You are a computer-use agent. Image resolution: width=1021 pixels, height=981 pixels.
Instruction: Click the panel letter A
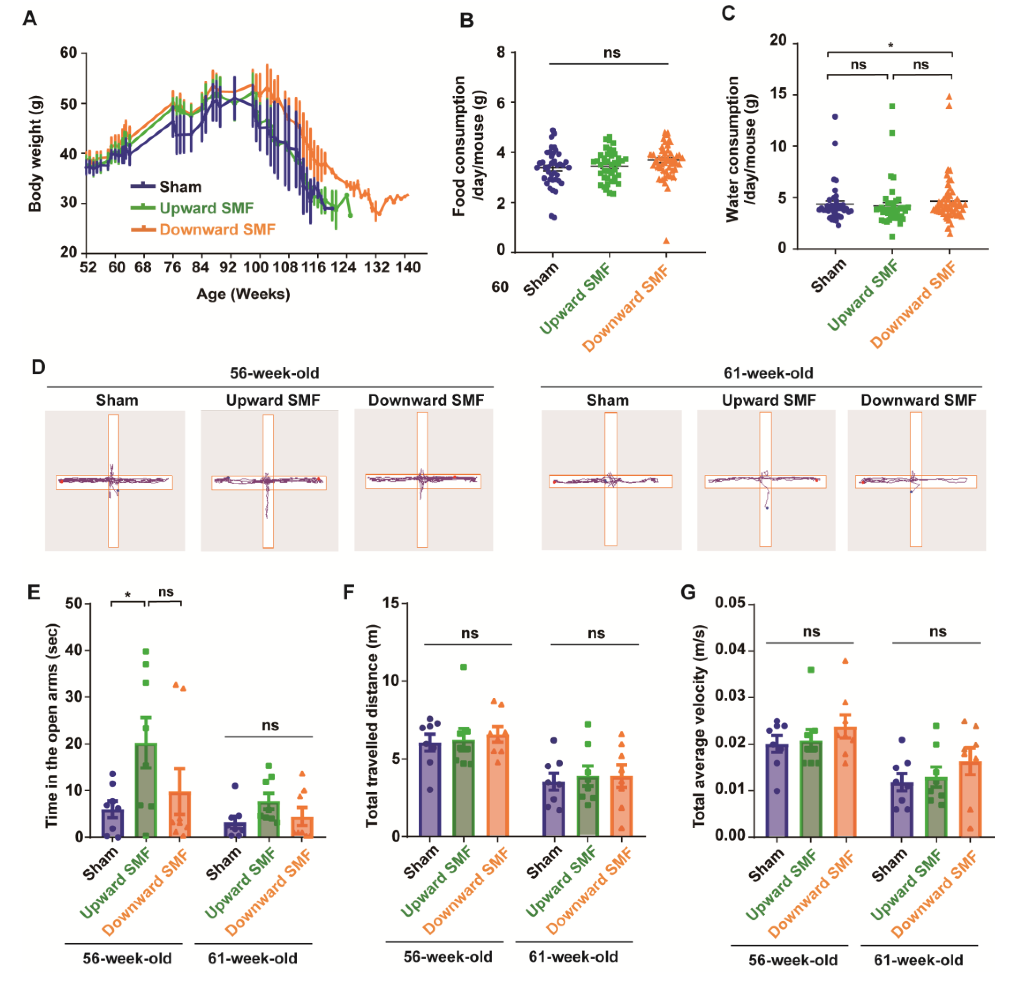click(x=30, y=19)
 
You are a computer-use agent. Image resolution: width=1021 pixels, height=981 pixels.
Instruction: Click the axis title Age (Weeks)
click(x=243, y=294)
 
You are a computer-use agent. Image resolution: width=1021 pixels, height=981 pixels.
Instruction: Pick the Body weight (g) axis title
click(x=35, y=154)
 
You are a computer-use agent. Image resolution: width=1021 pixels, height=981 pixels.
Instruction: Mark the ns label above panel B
click(x=612, y=53)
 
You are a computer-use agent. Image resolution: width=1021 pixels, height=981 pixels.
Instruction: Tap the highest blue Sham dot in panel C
click(x=835, y=117)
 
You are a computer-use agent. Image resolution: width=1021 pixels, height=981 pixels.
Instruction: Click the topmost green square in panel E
click(x=146, y=651)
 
